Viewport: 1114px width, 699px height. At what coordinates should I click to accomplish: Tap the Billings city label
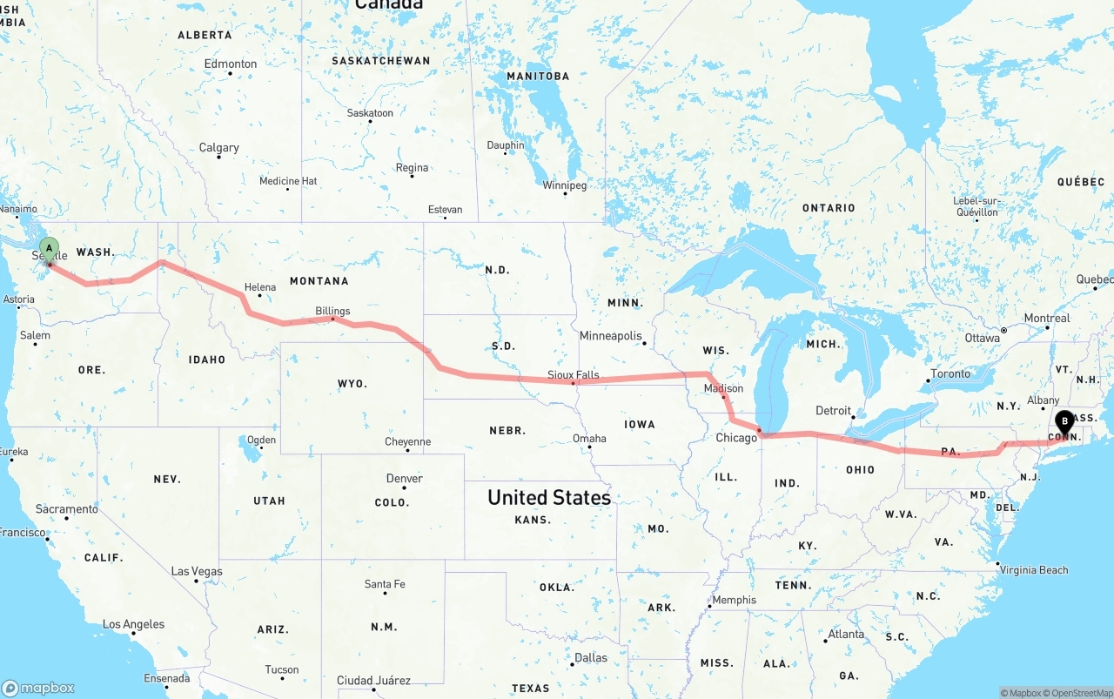click(332, 311)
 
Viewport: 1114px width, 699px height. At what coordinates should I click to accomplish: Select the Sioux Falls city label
click(573, 375)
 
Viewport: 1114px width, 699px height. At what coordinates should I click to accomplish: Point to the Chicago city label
click(736, 438)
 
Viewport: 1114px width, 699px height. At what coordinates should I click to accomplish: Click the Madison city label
click(724, 388)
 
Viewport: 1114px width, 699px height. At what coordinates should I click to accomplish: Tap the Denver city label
click(404, 479)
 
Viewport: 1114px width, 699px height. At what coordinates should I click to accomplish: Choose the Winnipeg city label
click(565, 185)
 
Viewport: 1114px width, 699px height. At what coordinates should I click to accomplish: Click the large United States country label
click(548, 497)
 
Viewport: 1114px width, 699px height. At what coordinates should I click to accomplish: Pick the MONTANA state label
click(319, 281)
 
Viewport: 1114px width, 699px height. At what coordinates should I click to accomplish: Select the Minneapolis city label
click(610, 336)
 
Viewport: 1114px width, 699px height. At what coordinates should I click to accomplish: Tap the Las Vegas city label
click(197, 572)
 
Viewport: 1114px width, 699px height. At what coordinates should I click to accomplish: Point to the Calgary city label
click(218, 148)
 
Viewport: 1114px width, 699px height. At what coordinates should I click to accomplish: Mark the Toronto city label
click(950, 374)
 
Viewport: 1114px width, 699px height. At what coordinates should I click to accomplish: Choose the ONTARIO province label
click(829, 208)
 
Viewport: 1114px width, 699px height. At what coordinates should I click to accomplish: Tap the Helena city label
click(259, 287)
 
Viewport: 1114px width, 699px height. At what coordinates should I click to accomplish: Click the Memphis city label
click(734, 600)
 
